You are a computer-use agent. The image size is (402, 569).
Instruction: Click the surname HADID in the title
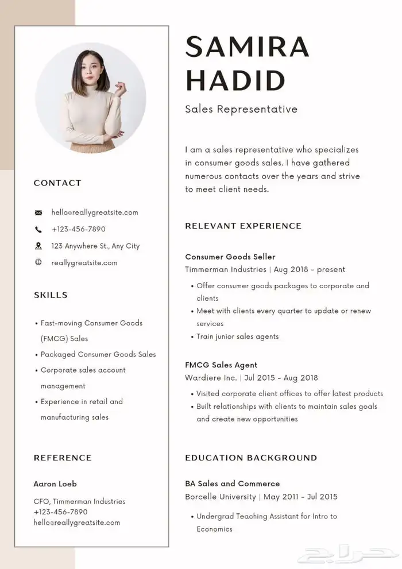point(235,80)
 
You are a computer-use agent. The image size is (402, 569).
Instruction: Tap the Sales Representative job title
point(241,109)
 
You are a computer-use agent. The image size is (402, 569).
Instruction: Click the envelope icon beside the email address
point(38,212)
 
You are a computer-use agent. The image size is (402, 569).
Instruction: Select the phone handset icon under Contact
point(38,229)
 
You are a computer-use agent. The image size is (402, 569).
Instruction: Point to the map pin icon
point(38,246)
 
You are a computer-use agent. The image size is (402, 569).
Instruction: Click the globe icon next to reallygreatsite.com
point(38,262)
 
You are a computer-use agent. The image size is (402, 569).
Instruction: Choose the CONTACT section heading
point(57,183)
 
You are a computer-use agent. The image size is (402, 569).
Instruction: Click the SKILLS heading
point(51,295)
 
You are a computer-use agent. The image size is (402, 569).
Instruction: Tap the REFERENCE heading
point(63,458)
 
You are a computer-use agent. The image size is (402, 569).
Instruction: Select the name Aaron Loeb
point(55,484)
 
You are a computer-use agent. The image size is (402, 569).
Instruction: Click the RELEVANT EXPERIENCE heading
point(243,226)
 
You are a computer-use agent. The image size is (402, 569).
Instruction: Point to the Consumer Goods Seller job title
point(230,257)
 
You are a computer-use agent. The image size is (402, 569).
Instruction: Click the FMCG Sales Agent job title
point(221,365)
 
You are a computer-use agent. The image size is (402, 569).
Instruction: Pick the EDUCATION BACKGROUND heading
point(251,458)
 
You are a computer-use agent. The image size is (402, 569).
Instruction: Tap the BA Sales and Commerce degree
point(233,483)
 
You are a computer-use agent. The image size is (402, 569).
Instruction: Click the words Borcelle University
point(221,497)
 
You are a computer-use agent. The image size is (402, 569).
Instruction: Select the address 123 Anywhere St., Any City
point(95,246)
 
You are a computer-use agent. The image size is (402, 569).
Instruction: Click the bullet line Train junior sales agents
point(238,336)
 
